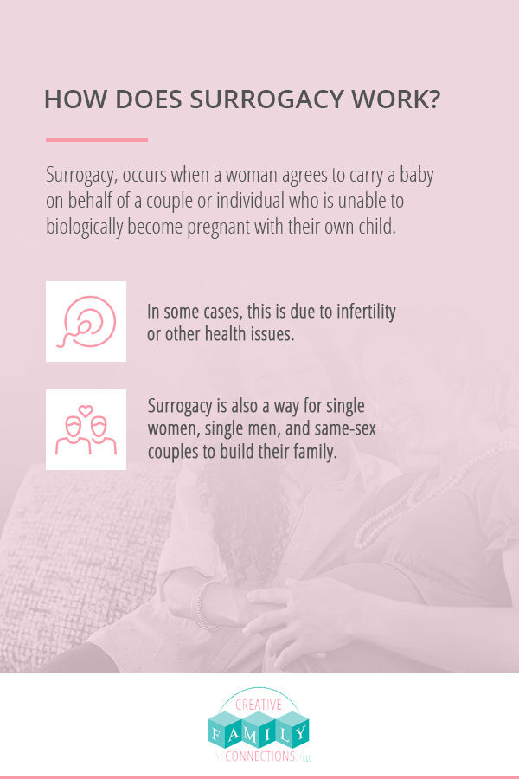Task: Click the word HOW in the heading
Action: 75,99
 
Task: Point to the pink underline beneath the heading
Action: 97,139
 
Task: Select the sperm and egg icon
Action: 86,321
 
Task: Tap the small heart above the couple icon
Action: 86,410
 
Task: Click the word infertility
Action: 366,312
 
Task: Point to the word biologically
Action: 85,227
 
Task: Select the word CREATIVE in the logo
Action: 259,705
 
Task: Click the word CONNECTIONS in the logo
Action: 259,756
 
